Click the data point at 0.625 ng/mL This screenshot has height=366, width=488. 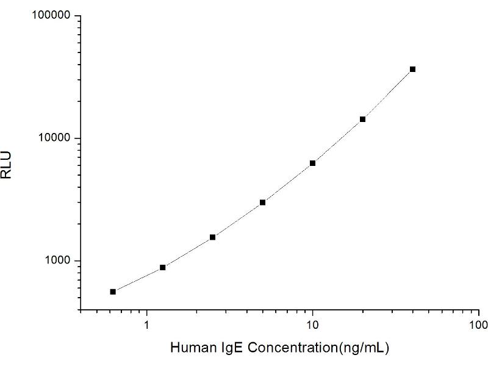click(x=113, y=292)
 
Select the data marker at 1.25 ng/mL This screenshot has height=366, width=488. click(x=163, y=267)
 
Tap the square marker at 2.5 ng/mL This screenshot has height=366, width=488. click(x=212, y=237)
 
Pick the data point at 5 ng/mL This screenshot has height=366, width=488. click(x=262, y=202)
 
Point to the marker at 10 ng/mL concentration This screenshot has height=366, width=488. click(x=312, y=163)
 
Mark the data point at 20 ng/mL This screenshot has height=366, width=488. click(x=362, y=119)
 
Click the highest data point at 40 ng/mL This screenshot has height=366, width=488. click(x=412, y=69)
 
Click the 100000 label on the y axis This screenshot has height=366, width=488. click(x=51, y=15)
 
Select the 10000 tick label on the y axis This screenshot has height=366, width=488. click(x=54, y=138)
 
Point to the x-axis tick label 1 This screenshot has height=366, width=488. click(x=147, y=325)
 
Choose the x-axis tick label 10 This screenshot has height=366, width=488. click(x=312, y=325)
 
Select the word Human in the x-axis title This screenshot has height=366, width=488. click(x=190, y=348)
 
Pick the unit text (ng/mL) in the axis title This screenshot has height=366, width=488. click(x=365, y=348)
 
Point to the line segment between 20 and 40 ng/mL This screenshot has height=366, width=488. click(x=387, y=95)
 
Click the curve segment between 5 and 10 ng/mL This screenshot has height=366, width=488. click(x=287, y=183)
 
